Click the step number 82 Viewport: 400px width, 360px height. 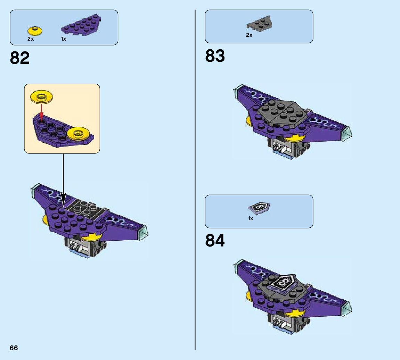point(20,58)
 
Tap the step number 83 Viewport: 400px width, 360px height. point(215,56)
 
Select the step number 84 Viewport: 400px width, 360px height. point(215,241)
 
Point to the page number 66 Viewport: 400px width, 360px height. point(14,348)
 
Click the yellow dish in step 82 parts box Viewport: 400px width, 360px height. point(35,31)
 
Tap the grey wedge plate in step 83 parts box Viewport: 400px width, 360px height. point(259,24)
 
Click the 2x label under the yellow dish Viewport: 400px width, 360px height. point(31,39)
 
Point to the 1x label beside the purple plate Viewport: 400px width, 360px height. point(64,39)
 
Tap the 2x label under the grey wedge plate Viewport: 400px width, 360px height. point(249,35)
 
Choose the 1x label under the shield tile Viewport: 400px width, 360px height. point(251,218)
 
